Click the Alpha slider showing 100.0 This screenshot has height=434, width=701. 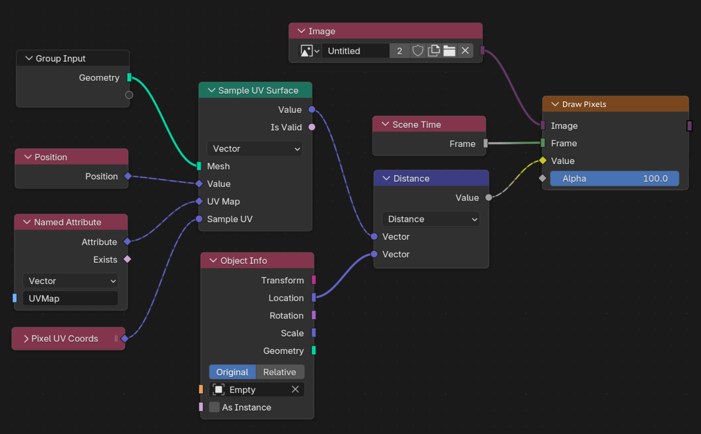pyautogui.click(x=614, y=179)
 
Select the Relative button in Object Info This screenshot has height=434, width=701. pyautogui.click(x=280, y=372)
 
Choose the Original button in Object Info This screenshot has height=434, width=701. pyautogui.click(x=232, y=372)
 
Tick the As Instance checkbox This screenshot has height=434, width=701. pyautogui.click(x=214, y=407)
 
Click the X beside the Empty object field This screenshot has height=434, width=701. pyautogui.click(x=295, y=389)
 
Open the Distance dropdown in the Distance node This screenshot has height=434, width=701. pyautogui.click(x=431, y=219)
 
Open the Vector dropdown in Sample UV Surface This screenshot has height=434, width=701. pyautogui.click(x=255, y=148)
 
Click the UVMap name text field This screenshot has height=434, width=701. pyautogui.click(x=70, y=298)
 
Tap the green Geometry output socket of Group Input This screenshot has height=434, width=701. pyautogui.click(x=129, y=77)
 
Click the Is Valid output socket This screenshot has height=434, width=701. pyautogui.click(x=312, y=127)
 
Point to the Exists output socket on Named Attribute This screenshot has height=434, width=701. pyautogui.click(x=127, y=259)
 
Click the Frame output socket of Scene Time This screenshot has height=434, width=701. pyautogui.click(x=485, y=144)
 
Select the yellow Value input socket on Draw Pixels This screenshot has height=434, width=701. pyautogui.click(x=543, y=161)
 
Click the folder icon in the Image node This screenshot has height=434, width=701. pyautogui.click(x=449, y=51)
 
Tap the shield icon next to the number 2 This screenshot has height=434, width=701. pyautogui.click(x=418, y=51)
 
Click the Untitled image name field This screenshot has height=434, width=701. pyautogui.click(x=356, y=51)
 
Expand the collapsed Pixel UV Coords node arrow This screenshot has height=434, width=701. pyautogui.click(x=26, y=339)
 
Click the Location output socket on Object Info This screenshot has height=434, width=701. pyautogui.click(x=313, y=297)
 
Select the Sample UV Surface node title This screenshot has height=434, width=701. pyautogui.click(x=258, y=90)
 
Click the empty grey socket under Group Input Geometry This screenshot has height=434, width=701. pyautogui.click(x=129, y=95)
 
